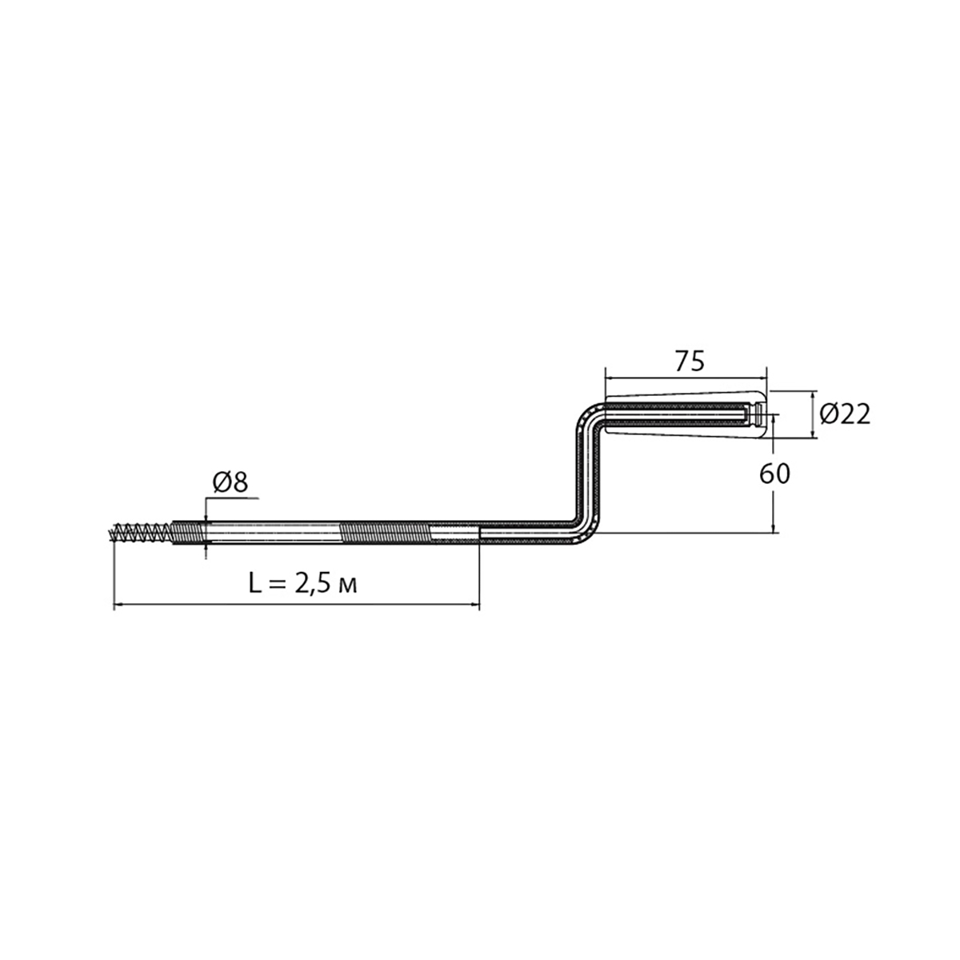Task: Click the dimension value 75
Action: coord(690,361)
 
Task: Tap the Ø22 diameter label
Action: coord(845,414)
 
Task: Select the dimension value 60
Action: coord(774,474)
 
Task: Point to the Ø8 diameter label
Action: coord(230,482)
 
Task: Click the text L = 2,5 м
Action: coord(302,584)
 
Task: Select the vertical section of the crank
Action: coord(588,474)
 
